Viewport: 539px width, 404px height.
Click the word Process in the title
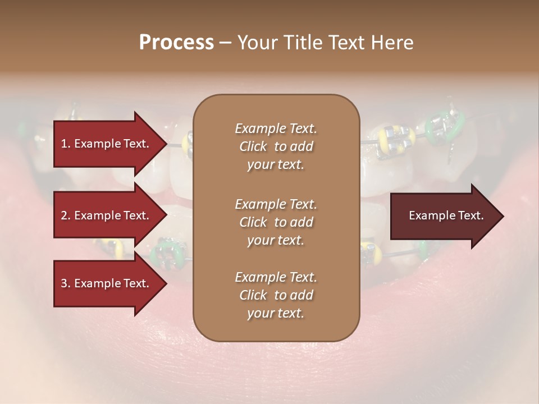click(x=176, y=43)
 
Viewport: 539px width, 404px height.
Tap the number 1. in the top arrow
click(x=66, y=144)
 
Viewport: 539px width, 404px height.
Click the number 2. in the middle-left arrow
click(x=66, y=215)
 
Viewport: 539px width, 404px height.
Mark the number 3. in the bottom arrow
click(x=66, y=283)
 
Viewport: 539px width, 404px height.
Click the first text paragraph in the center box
click(x=276, y=146)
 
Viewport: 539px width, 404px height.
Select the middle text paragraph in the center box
click(x=276, y=222)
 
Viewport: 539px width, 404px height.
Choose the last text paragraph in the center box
click(x=276, y=295)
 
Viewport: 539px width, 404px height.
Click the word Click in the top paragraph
click(x=253, y=146)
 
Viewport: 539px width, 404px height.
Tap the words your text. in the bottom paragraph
click(x=276, y=314)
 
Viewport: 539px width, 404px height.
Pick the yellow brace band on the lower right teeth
click(x=372, y=251)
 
